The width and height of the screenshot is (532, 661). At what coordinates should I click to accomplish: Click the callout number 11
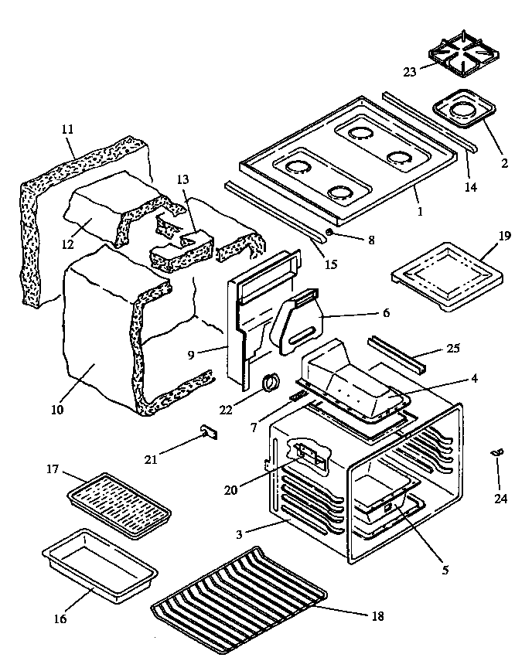pyautogui.click(x=66, y=131)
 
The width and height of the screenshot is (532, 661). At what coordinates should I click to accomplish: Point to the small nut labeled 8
pyautogui.click(x=330, y=231)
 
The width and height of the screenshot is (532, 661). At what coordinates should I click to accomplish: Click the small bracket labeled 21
pyautogui.click(x=207, y=431)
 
